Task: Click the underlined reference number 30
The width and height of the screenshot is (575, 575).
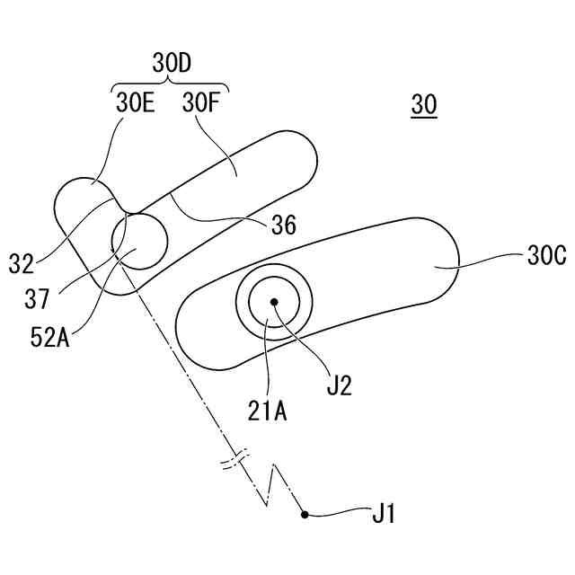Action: [424, 105]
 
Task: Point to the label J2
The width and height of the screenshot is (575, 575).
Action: [340, 385]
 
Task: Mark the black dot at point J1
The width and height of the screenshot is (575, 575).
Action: [306, 515]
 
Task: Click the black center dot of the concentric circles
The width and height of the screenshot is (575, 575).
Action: [273, 302]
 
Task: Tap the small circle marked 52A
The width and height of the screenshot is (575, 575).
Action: [139, 242]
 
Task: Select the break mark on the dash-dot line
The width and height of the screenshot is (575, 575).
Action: [232, 460]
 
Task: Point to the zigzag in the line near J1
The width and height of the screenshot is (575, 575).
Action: [273, 485]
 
